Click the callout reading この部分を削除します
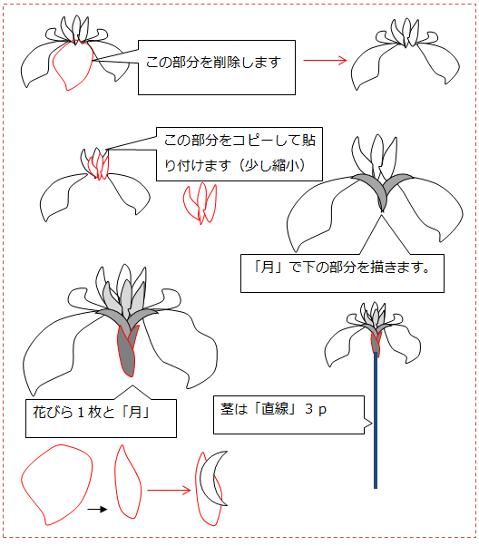[x=217, y=67]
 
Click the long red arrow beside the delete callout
[x=325, y=60]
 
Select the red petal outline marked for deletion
[x=73, y=65]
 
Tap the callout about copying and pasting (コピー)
[x=239, y=154]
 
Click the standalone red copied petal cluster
[x=200, y=203]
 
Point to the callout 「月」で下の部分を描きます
[x=342, y=273]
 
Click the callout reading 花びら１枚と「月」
[x=101, y=418]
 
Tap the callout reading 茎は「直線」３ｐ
[x=288, y=414]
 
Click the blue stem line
[x=376, y=420]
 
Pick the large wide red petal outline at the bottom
[x=57, y=484]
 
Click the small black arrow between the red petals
[x=97, y=509]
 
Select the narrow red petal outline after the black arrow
[x=128, y=482]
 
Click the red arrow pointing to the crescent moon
[x=170, y=491]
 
